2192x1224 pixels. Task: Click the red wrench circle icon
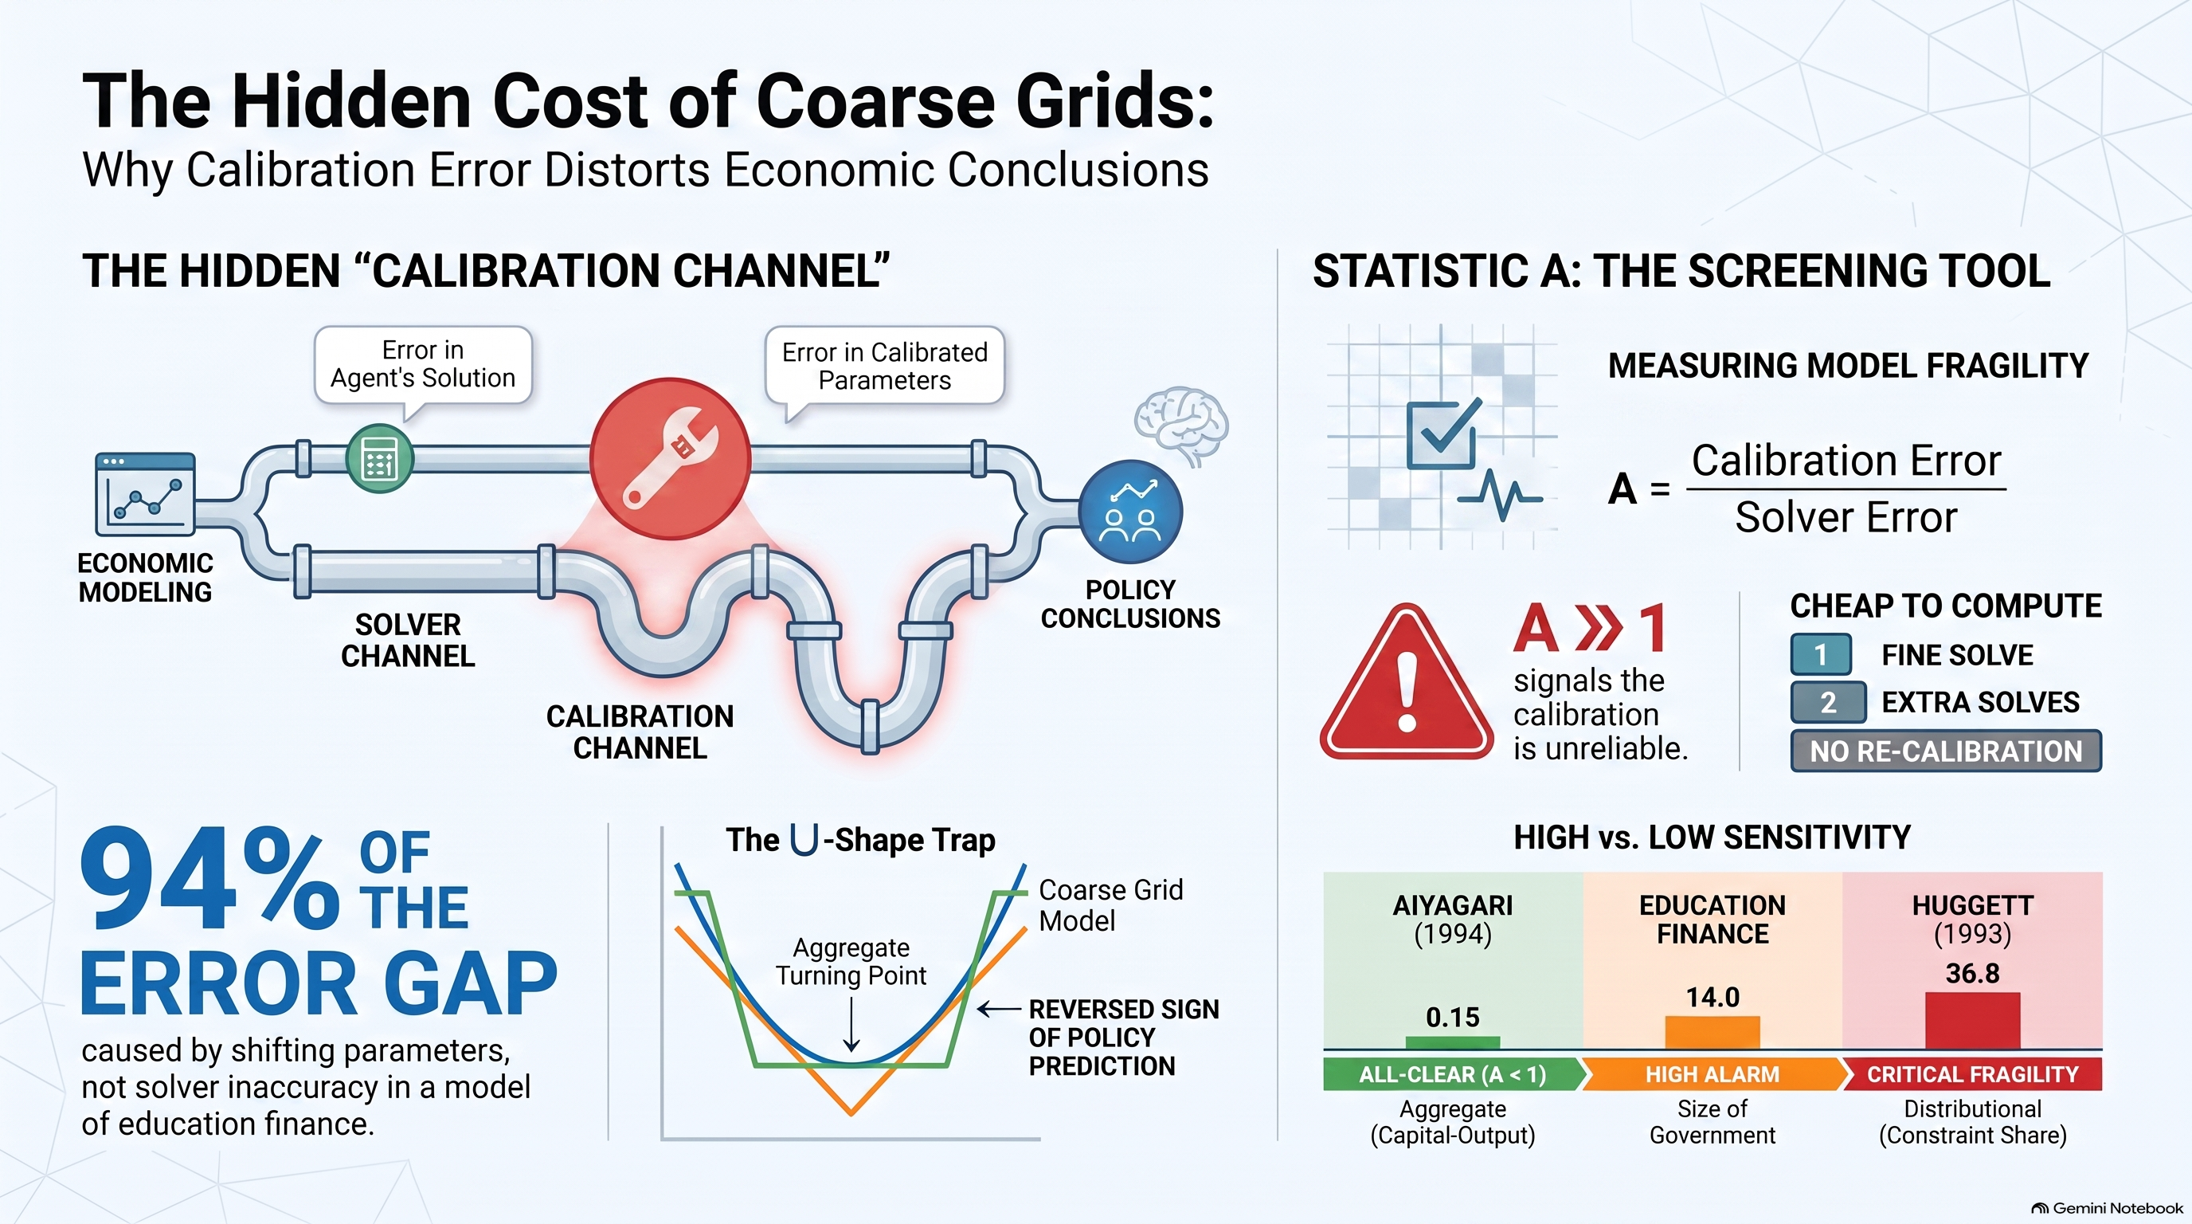[x=671, y=458]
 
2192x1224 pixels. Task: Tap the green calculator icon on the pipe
[x=379, y=459]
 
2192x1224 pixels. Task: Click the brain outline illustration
[x=1181, y=424]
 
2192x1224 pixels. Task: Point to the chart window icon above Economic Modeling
[x=146, y=495]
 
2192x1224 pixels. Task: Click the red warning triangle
[x=1407, y=682]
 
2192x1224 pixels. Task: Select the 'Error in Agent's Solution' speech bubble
[x=423, y=367]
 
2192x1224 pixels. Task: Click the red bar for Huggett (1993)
[x=1972, y=1020]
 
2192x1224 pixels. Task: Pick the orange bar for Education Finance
[x=1712, y=1032]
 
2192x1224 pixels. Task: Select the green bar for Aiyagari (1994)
[x=1453, y=1042]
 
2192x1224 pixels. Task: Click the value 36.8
[x=1972, y=973]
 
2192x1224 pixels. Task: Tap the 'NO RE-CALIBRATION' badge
[x=1946, y=751]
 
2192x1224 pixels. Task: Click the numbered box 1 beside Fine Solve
[x=1821, y=654]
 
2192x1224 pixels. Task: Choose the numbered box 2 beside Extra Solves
[x=1828, y=702]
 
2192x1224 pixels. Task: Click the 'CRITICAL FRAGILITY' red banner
[x=1972, y=1074]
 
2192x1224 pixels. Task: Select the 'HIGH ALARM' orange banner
[x=1712, y=1074]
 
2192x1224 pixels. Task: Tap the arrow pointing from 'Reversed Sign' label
[x=999, y=1010]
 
